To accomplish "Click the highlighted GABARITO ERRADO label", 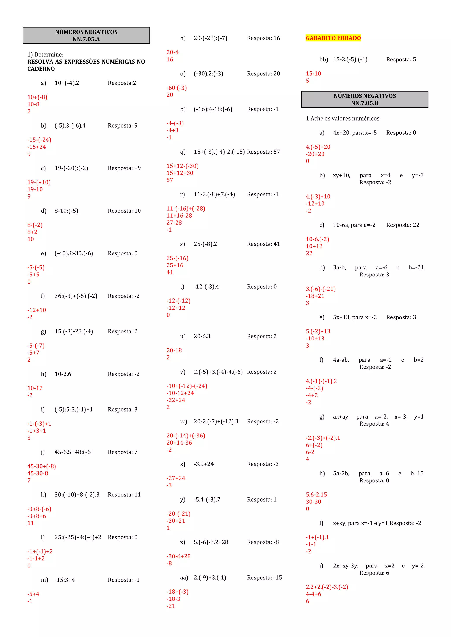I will [x=333, y=38].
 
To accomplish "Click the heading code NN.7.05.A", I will [x=86, y=39].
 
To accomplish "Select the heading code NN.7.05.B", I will [x=364, y=103].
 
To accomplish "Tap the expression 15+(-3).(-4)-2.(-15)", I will [x=219, y=152].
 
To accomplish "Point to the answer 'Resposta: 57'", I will [x=263, y=152].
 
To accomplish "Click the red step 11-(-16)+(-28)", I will [x=186, y=208].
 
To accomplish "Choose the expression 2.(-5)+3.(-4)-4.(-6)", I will [x=218, y=372].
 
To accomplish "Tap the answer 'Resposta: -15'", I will [x=264, y=577].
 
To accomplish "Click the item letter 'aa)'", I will [x=184, y=577].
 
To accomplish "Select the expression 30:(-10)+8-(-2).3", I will [x=77, y=495].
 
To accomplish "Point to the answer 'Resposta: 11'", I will [x=124, y=495].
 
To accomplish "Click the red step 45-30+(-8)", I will [x=42, y=466].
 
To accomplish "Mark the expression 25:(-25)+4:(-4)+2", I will [x=78, y=537].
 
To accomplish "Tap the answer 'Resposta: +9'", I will [x=124, y=168].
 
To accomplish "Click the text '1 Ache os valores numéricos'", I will [x=342, y=119].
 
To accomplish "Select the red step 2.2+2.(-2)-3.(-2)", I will [x=327, y=587].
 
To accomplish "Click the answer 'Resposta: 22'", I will [x=403, y=225].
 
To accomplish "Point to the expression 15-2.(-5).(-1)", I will [x=350, y=59].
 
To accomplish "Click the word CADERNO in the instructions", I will [x=41, y=69].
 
